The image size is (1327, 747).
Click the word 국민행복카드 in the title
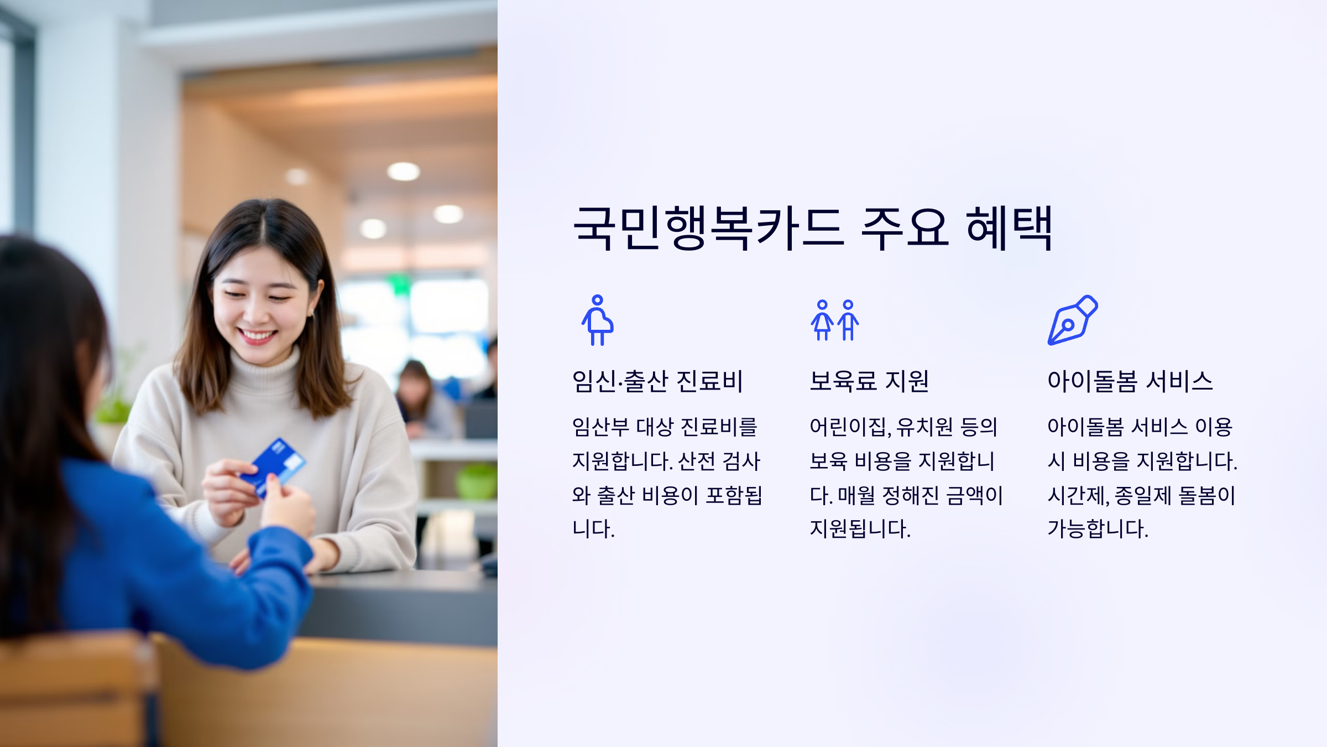708,228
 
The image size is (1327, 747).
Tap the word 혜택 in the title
1009,228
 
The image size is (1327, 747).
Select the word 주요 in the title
905,228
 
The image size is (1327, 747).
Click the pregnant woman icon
597,320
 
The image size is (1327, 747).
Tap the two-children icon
835,320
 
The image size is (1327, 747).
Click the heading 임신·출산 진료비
657,381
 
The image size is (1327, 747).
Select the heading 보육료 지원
869,381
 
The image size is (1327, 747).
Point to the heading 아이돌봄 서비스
1130,381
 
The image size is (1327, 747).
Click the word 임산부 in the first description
600,427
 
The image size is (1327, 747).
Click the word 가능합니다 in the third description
1097,529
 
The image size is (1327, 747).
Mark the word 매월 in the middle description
856,495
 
